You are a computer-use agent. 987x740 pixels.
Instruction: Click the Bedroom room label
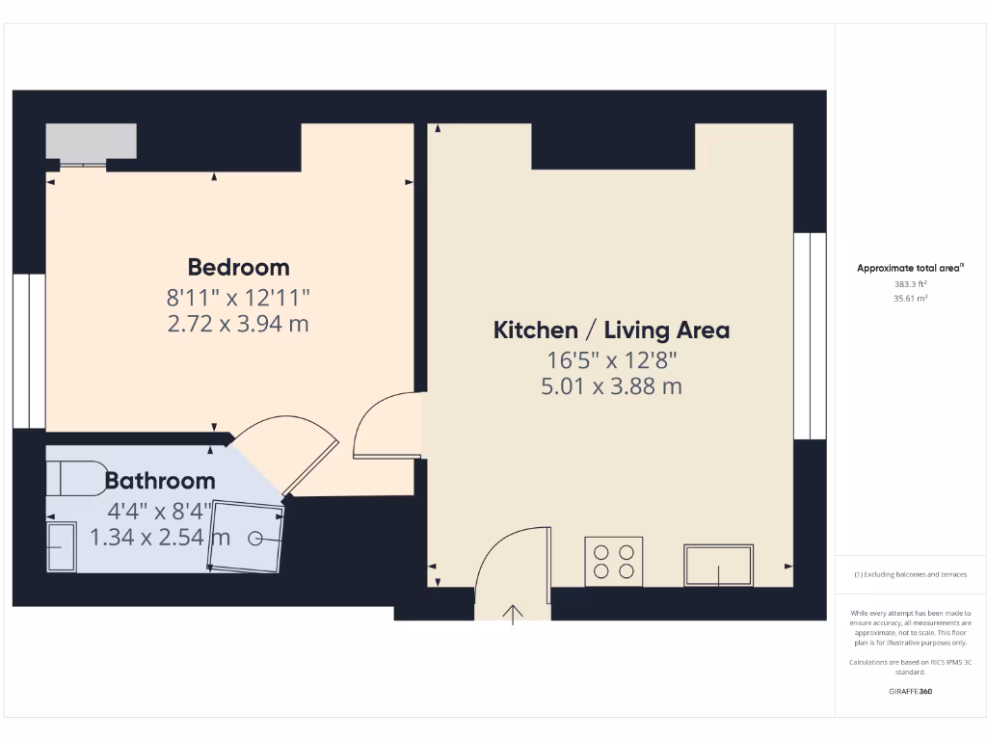tap(238, 267)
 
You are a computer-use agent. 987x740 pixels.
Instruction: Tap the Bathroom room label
tap(160, 480)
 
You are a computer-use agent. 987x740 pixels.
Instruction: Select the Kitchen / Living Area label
tap(611, 330)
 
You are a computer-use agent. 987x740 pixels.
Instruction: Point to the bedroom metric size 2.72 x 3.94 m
tap(238, 324)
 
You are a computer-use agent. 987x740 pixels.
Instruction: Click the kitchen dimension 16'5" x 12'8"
tap(611, 360)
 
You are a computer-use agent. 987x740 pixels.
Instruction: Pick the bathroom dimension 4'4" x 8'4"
tap(160, 509)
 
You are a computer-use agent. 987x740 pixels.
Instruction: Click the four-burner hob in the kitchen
tap(614, 562)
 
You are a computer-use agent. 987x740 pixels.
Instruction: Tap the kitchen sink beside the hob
tap(718, 566)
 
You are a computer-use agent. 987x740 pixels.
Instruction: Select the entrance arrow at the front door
tap(512, 613)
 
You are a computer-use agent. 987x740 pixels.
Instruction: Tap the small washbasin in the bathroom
tap(61, 546)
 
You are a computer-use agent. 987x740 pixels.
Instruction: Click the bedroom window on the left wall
tap(30, 351)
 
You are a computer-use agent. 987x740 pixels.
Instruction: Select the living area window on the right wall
tap(810, 336)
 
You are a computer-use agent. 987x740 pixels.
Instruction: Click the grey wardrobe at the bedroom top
tap(91, 142)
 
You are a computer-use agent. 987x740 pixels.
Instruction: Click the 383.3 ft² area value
tap(911, 284)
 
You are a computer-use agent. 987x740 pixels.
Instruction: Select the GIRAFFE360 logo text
tap(910, 691)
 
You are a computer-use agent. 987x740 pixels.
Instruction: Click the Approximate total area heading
tap(910, 269)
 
